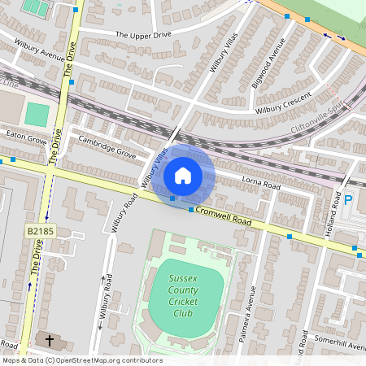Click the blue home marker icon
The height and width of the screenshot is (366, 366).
(x=183, y=176)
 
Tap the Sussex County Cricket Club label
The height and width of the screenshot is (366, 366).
(x=184, y=296)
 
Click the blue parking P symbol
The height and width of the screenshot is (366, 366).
(x=348, y=199)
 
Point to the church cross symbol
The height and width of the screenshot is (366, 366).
(x=49, y=340)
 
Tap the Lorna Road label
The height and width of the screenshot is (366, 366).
(x=261, y=185)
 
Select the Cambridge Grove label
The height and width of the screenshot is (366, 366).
(x=107, y=146)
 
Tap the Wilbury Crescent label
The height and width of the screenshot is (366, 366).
(x=284, y=102)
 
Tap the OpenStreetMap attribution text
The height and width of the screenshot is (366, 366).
(x=81, y=360)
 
